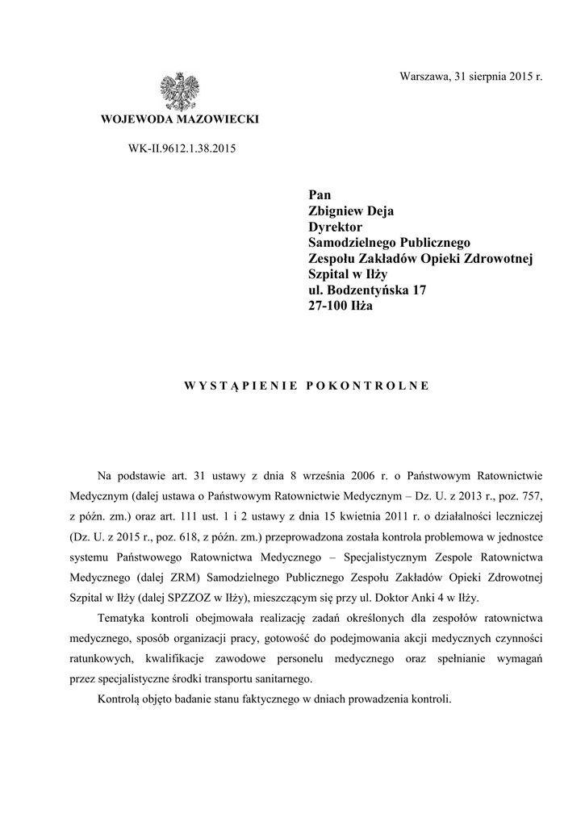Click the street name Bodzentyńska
[x=366, y=290]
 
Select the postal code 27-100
[x=329, y=307]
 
